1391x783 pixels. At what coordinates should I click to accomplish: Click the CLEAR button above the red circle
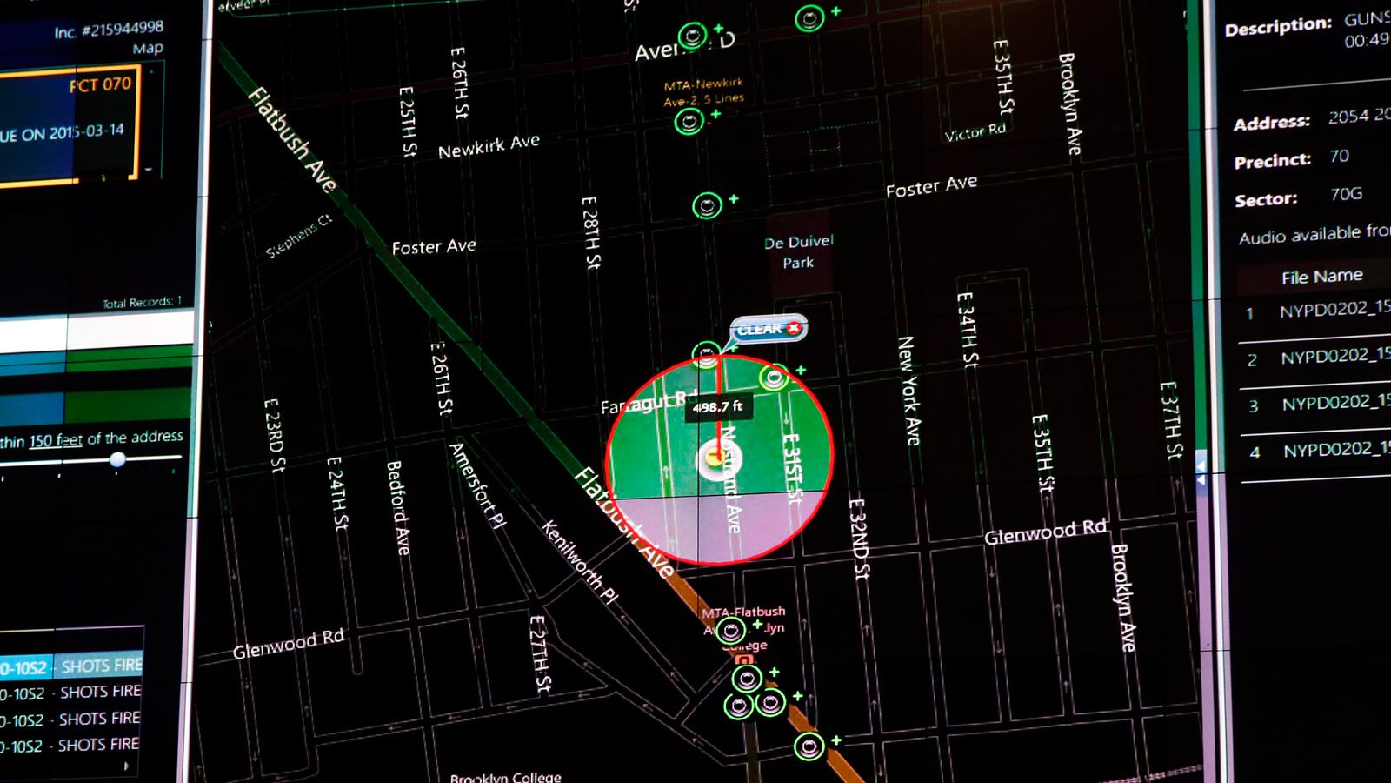pyautogui.click(x=768, y=329)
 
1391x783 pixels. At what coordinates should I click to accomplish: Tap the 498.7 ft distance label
pyautogui.click(x=717, y=406)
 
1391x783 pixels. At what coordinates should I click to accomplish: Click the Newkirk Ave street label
pyautogui.click(x=489, y=146)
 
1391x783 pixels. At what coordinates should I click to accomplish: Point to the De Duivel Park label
pyautogui.click(x=798, y=251)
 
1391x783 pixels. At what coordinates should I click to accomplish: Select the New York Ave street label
pyautogui.click(x=908, y=391)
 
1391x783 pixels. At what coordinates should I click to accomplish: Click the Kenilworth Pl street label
pyautogui.click(x=579, y=562)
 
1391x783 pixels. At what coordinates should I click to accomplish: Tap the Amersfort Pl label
pyautogui.click(x=476, y=485)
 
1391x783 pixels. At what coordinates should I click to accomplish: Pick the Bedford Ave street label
pyautogui.click(x=397, y=507)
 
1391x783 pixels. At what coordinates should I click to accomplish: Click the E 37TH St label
pyautogui.click(x=1171, y=420)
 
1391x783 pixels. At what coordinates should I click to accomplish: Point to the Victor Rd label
pyautogui.click(x=975, y=132)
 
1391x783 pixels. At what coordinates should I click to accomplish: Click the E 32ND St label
pyautogui.click(x=858, y=538)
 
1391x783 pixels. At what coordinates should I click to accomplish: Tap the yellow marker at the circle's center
pyautogui.click(x=716, y=456)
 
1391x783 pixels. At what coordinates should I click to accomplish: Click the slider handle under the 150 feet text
pyautogui.click(x=117, y=459)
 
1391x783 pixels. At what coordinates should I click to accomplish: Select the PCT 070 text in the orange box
pyautogui.click(x=100, y=84)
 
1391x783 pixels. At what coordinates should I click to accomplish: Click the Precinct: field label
pyautogui.click(x=1272, y=161)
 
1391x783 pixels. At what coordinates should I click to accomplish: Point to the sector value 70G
pyautogui.click(x=1346, y=194)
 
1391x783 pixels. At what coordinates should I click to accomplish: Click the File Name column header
pyautogui.click(x=1321, y=277)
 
